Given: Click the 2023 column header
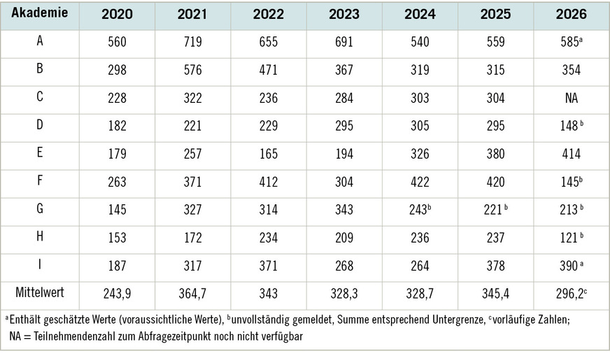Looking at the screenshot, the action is tap(344, 15).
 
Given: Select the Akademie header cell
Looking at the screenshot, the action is tap(40, 13).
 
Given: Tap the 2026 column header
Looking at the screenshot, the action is tap(571, 15).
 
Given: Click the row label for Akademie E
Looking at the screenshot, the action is tap(40, 152).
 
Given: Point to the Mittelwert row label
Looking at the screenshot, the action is tap(40, 292).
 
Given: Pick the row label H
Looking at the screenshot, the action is tap(40, 236).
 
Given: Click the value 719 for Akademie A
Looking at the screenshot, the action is tap(192, 42).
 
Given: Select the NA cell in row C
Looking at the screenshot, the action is tap(571, 98).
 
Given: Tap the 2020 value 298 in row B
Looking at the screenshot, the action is tap(117, 70).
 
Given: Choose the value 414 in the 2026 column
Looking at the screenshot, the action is tap(571, 154).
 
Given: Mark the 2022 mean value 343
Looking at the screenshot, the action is tap(269, 294).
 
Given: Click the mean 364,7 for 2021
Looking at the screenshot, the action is tap(192, 294).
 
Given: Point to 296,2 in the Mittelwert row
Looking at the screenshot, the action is tap(571, 294).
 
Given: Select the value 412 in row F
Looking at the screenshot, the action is tap(269, 182).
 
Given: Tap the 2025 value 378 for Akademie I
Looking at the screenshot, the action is tap(495, 266).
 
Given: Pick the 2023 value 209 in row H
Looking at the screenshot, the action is tap(344, 238).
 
